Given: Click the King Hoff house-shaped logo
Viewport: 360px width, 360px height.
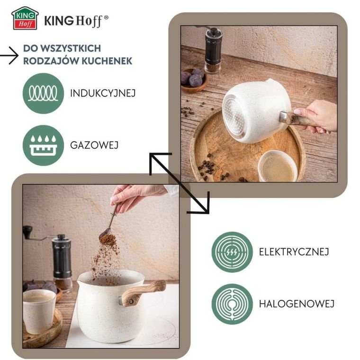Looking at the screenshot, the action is click(x=25, y=18).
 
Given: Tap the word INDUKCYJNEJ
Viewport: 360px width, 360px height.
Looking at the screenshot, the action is click(x=103, y=93).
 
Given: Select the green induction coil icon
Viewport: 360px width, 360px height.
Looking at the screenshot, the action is click(x=43, y=93).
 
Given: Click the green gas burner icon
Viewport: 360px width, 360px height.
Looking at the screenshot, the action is click(x=43, y=145).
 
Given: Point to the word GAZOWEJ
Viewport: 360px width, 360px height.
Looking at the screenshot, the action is click(x=94, y=145).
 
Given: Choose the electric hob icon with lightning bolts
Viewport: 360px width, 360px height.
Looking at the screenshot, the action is click(x=232, y=252).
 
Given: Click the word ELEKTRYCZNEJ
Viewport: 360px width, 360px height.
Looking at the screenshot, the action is click(x=294, y=252).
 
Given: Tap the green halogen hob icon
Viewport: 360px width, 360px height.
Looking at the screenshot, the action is click(x=232, y=304).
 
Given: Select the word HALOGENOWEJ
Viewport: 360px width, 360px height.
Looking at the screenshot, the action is click(x=297, y=304).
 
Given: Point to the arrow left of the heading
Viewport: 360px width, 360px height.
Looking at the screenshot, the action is click(x=9, y=55).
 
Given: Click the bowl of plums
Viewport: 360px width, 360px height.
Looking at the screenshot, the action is click(x=194, y=80).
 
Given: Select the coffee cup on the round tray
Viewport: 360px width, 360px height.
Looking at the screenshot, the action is click(x=278, y=166).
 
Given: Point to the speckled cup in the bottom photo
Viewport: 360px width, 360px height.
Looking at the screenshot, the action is click(x=39, y=311).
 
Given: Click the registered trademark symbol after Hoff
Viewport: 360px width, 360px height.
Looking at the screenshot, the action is click(x=106, y=17).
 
